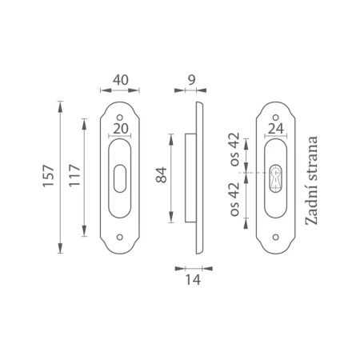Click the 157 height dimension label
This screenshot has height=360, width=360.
coord(48,176)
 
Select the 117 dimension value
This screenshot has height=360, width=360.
coord(75,175)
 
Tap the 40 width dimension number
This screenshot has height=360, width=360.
coord(120,80)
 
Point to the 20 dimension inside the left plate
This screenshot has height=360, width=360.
coord(121,129)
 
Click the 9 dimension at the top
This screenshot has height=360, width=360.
coord(191,80)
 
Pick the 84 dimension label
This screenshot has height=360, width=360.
coord(162,175)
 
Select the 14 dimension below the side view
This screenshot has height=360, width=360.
coord(193,280)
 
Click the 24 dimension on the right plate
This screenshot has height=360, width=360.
coord(276,129)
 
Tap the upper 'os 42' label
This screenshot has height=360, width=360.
coord(234,150)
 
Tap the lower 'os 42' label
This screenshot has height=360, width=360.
coord(234,199)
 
